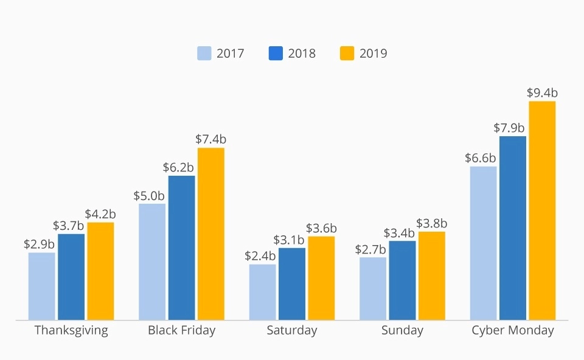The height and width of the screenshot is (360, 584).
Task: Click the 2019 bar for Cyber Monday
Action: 542,210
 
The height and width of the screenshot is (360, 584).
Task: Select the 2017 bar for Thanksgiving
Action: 41,286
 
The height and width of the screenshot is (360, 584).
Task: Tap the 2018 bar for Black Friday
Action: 181,247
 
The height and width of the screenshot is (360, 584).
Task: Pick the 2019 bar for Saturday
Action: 321,278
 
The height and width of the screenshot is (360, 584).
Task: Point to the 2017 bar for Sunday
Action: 372,288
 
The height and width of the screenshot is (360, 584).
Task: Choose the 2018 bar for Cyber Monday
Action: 513,228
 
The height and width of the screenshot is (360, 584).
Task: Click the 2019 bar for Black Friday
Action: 211,234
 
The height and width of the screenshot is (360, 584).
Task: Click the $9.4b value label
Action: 542,93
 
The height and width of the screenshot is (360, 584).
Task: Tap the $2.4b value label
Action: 260,256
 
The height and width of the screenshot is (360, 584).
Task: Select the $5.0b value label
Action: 149,196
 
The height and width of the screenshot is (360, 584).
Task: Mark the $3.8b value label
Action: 432,223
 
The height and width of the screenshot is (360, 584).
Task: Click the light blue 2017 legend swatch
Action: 204,54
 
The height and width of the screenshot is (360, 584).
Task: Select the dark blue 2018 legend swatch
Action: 276,54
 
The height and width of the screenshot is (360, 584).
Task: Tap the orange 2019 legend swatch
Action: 347,54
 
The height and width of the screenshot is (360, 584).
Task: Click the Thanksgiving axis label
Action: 71,331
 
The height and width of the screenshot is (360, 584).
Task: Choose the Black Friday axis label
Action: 181,331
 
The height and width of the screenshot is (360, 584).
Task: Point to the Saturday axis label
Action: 292,331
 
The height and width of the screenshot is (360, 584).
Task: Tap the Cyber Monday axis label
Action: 513,331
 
